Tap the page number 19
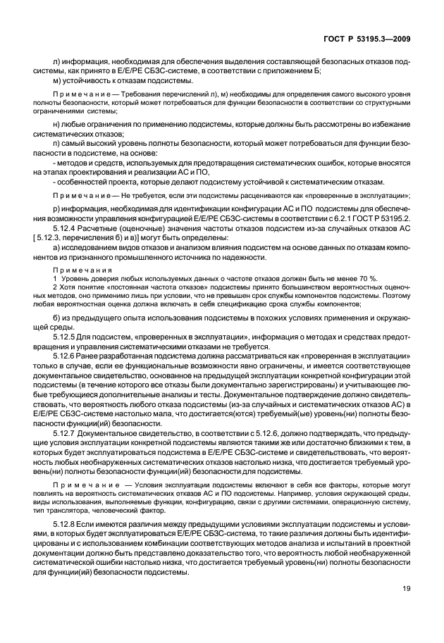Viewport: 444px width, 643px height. [x=407, y=609]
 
